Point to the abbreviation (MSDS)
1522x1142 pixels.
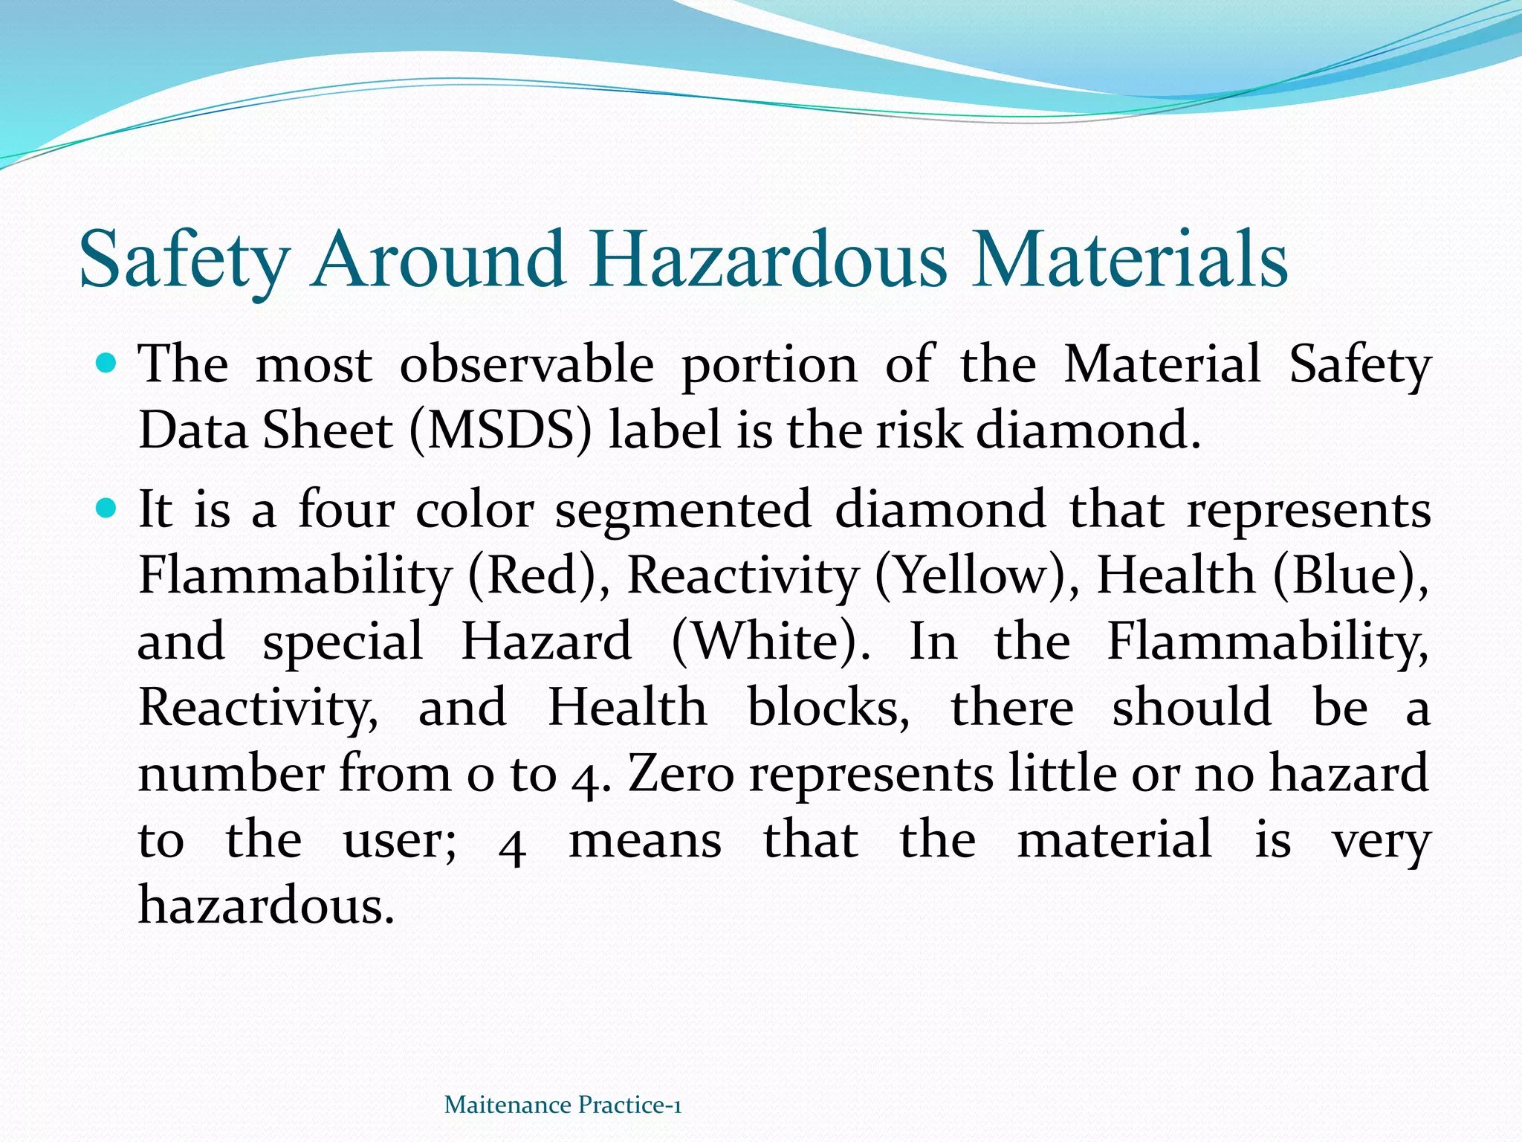[501, 431]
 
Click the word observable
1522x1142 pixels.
[527, 364]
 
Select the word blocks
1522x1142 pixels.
[828, 707]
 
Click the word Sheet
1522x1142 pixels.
[328, 431]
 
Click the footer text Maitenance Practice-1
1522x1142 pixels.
[563, 1105]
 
